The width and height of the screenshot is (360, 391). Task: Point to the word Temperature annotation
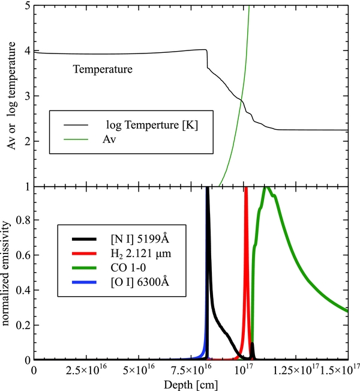pos(103,70)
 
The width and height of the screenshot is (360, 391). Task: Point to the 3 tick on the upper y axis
pos(26,96)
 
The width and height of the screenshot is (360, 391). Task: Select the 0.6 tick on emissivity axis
pos(23,256)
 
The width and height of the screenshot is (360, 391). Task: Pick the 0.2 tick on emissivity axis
pos(23,325)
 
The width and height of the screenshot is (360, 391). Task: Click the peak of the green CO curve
pos(267,188)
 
